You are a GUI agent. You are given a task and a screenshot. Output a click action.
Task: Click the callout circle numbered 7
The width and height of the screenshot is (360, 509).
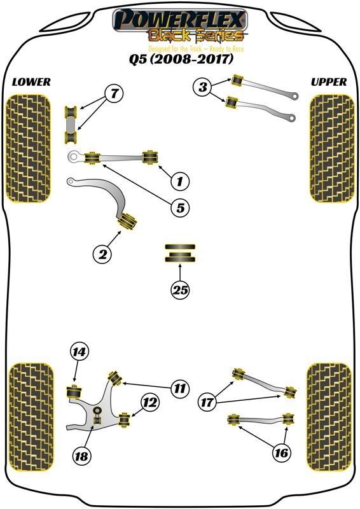coord(114,94)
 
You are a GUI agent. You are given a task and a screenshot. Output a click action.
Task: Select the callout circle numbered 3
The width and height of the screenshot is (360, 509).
coord(203,87)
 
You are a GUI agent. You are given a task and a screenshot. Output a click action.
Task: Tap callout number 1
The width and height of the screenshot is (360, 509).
coord(180,181)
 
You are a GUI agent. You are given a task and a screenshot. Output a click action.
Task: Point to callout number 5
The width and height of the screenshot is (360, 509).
coord(181,207)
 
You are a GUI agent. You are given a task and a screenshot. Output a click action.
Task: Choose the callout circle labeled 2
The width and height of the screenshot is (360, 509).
coord(102,254)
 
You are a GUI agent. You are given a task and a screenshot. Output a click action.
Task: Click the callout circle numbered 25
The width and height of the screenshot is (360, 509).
coord(181,289)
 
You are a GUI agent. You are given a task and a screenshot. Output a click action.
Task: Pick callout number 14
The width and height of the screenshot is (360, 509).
coord(80,352)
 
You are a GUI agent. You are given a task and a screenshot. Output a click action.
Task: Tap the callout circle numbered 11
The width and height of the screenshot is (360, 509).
coord(180,388)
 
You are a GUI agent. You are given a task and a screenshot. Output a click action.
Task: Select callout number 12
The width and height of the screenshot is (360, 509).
coord(150,403)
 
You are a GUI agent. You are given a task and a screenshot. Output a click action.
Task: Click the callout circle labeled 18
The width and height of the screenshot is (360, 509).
coord(81,456)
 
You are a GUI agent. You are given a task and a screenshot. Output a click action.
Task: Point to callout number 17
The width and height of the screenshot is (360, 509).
coord(207,403)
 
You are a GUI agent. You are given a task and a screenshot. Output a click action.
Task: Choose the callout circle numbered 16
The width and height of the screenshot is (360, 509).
coord(281,452)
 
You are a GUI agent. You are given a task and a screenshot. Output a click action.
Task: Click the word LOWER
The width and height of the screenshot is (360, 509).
coord(32,82)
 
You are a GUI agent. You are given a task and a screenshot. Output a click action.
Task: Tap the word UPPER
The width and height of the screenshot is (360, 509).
coord(329,82)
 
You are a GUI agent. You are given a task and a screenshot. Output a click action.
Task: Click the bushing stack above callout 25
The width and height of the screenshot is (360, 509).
coord(180,253)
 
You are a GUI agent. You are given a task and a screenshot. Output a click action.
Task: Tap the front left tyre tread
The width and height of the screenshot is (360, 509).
coord(29,149)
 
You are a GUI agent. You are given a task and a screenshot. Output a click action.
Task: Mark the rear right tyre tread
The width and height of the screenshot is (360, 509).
coord(329,417)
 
